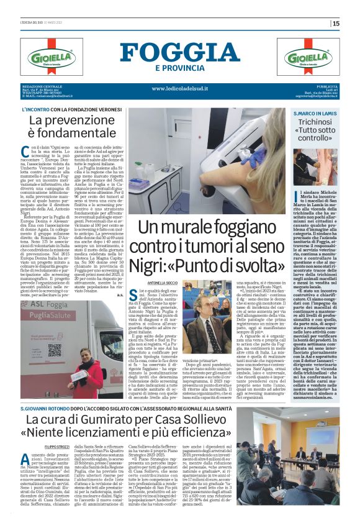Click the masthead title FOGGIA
tap(179, 52)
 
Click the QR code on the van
tap(55, 348)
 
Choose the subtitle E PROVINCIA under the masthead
tap(179, 67)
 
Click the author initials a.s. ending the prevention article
tap(122, 294)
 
